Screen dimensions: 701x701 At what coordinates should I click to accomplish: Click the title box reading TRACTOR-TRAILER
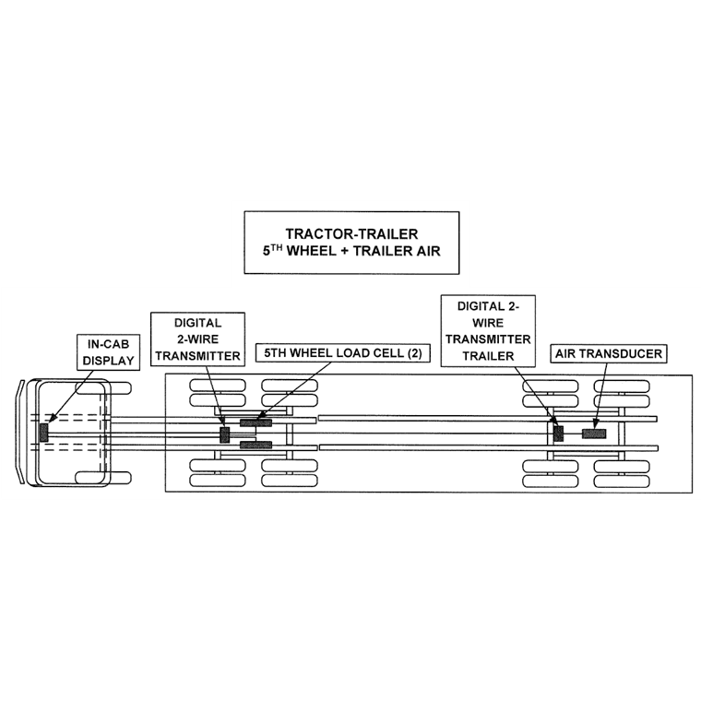coord(350,242)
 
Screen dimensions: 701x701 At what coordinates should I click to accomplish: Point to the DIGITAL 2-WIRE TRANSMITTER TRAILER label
coord(487,331)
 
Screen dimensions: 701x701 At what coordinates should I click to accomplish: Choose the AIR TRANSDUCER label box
coord(608,353)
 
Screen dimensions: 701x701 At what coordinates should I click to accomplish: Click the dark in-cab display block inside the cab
coord(42,431)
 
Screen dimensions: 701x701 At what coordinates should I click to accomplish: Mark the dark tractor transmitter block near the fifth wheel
coord(223,434)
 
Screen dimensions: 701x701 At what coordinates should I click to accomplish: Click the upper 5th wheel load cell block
coord(255,423)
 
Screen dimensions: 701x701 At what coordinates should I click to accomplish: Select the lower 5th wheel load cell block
coord(255,446)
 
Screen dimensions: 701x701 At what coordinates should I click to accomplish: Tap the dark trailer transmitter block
coord(557,432)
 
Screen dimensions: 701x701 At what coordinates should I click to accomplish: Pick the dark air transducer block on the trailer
coord(593,433)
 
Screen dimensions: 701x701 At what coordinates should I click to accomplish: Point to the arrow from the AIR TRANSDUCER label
coord(601,396)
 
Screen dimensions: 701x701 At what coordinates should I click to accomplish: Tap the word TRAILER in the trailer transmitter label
coord(487,355)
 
